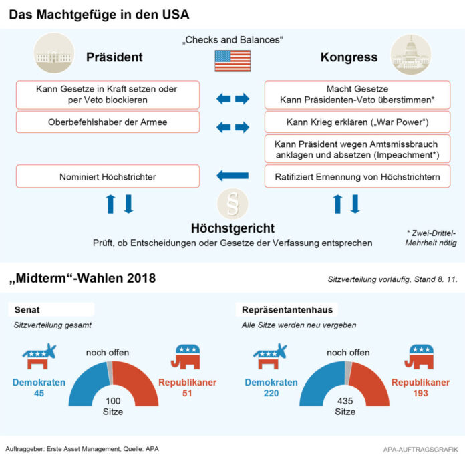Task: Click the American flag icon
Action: tap(232, 60)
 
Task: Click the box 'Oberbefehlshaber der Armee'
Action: tap(108, 122)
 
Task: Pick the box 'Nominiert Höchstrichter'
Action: tap(108, 176)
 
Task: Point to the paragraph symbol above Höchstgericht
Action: tap(232, 204)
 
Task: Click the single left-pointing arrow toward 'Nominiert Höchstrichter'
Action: tap(232, 176)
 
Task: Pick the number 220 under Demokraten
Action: tap(270, 394)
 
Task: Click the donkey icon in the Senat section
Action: tap(39, 357)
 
